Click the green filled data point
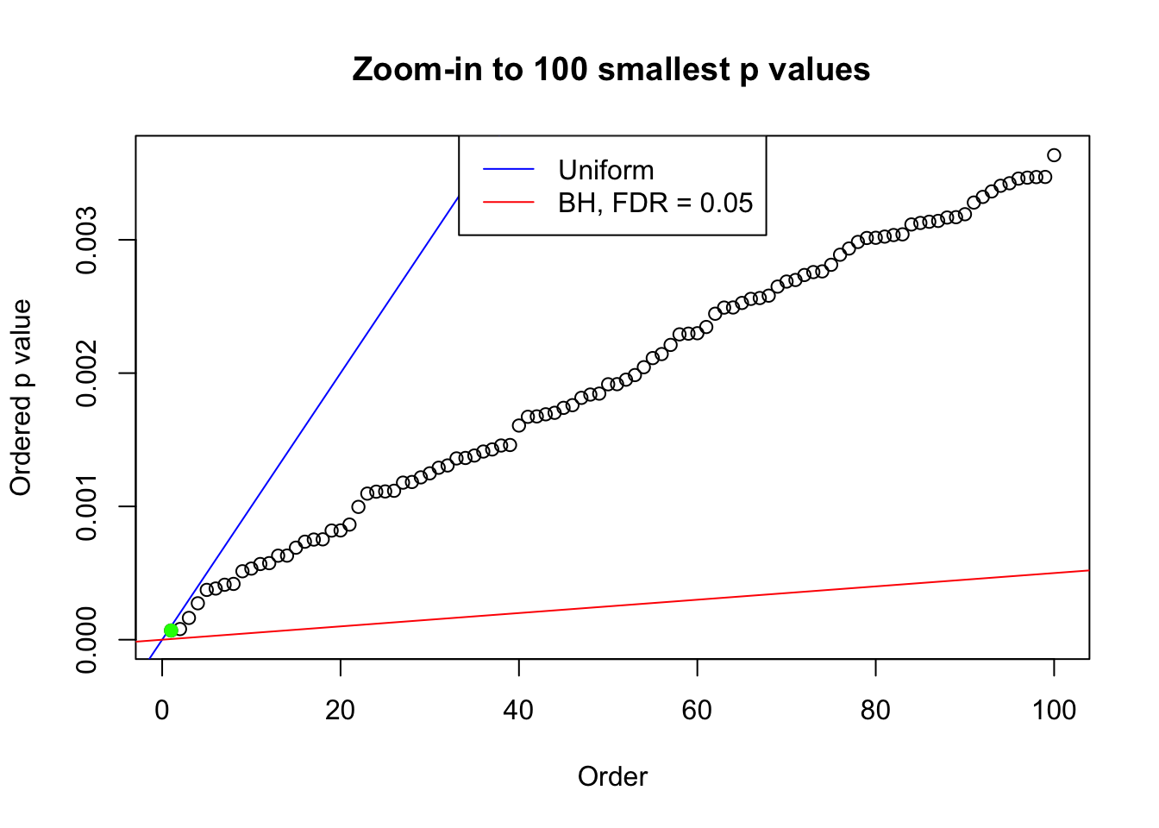click(171, 630)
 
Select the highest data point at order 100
click(1054, 155)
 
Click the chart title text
click(611, 69)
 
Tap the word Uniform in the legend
click(605, 170)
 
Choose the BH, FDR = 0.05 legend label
click(655, 203)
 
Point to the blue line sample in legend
click(509, 170)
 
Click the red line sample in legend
click(509, 203)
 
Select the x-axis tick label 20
click(341, 711)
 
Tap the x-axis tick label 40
click(519, 711)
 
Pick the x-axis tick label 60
click(697, 711)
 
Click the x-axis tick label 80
click(875, 711)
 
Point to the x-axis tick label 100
click(1054, 711)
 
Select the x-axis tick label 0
click(162, 711)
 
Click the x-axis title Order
click(612, 777)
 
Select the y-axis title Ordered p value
click(21, 398)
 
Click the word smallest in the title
click(663, 69)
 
